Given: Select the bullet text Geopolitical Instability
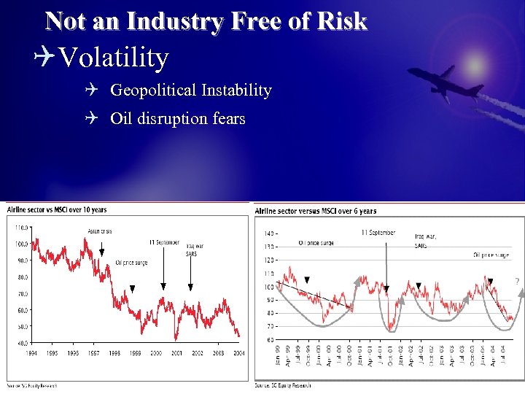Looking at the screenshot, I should tap(190, 90).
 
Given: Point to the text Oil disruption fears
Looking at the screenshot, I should tap(177, 118).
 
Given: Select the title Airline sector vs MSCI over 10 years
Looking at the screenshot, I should tap(56, 210).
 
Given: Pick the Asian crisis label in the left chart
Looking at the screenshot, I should tap(100, 231).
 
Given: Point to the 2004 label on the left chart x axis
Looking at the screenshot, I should tap(239, 352).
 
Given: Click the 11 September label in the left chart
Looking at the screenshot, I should tap(164, 242).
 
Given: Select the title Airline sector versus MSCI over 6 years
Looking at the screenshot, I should tap(316, 211).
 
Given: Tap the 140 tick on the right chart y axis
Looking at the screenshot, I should tap(269, 233).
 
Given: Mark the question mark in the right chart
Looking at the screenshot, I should tap(517, 282).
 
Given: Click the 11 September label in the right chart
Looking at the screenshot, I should tap(378, 233).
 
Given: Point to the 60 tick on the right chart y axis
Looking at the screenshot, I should tap(271, 340).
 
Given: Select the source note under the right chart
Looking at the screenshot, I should tap(283, 385).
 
